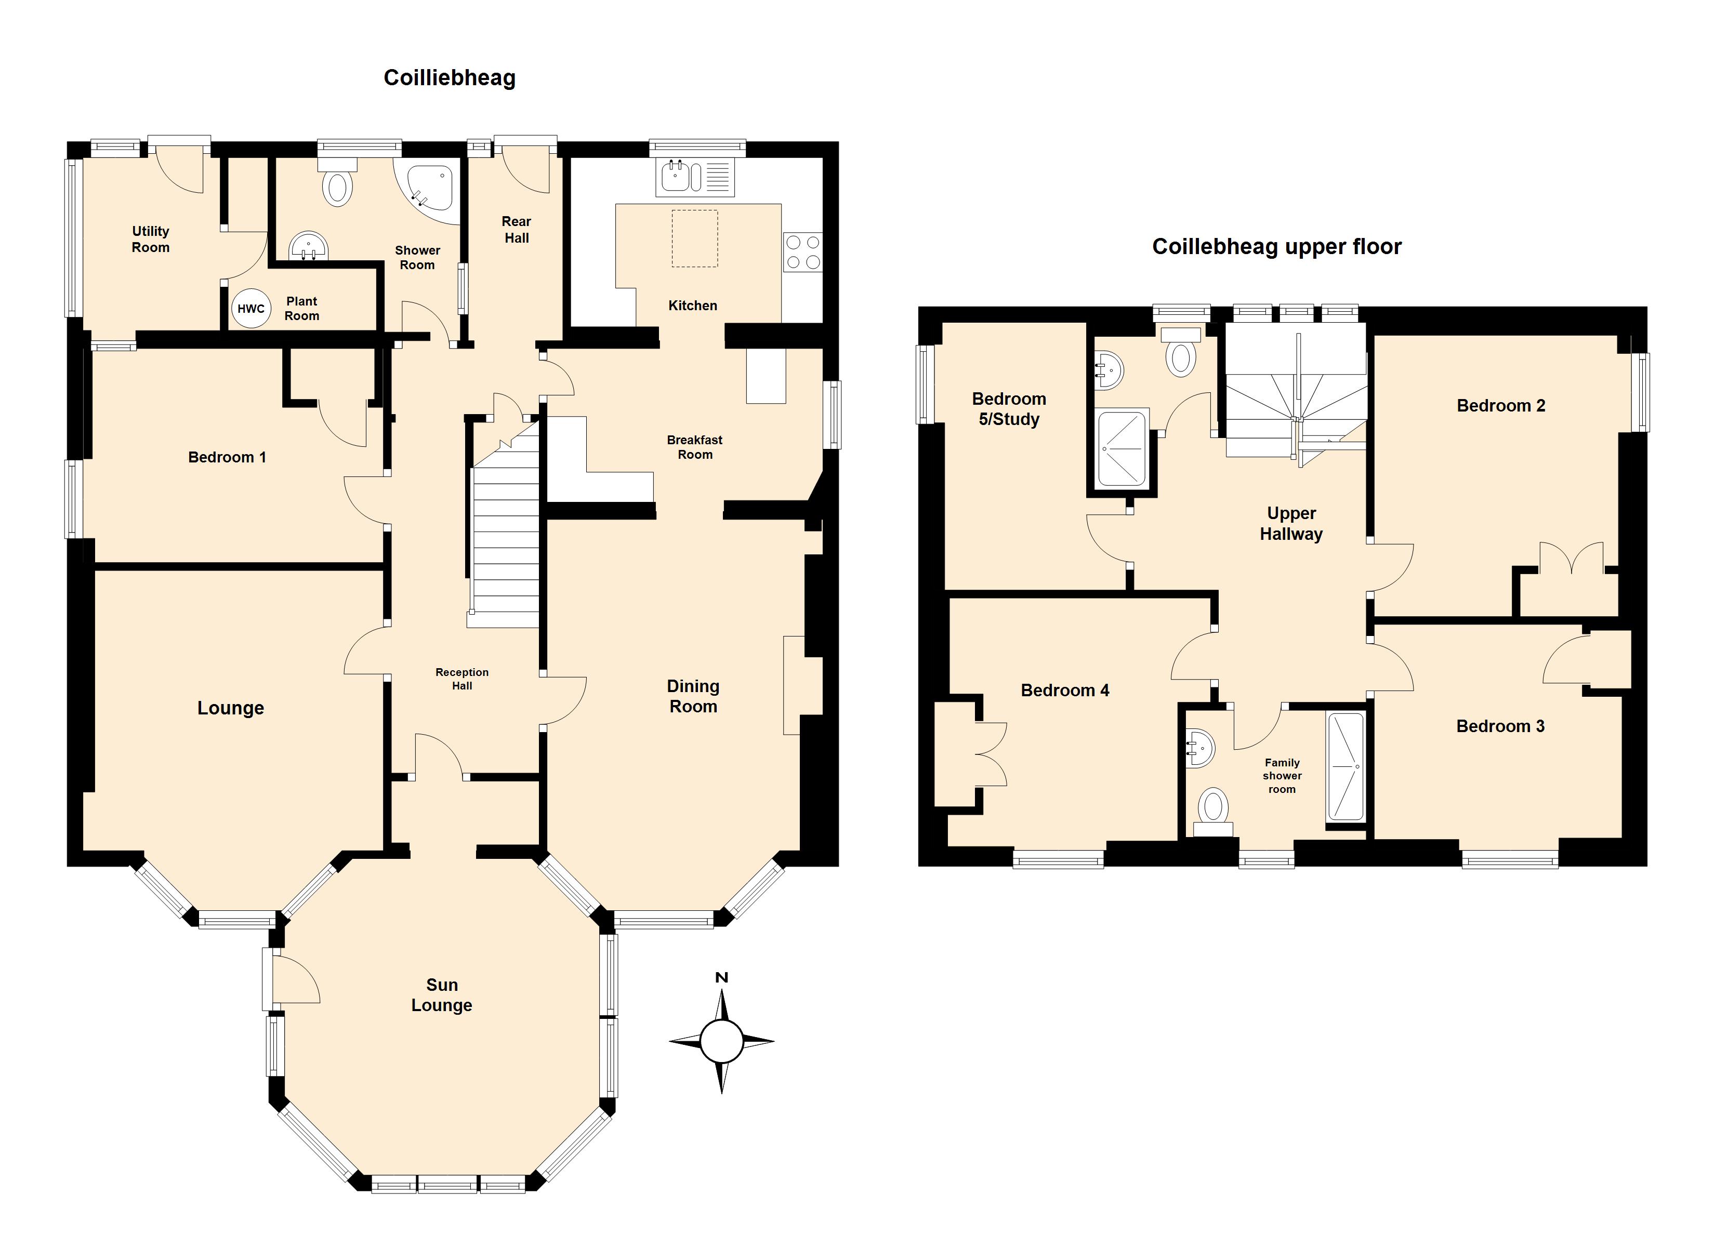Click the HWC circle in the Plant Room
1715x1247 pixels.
coord(251,309)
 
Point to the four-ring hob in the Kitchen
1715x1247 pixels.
coord(802,253)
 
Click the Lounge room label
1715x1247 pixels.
coord(231,708)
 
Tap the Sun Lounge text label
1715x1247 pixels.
coord(442,994)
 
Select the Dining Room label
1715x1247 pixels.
coord(693,696)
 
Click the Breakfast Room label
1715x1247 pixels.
coord(695,447)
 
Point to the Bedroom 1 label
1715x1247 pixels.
coord(227,457)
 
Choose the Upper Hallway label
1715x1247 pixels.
coord(1291,523)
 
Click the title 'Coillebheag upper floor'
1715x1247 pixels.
coord(1276,246)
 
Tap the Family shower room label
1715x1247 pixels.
coord(1282,776)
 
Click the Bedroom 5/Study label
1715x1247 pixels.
coord(1009,409)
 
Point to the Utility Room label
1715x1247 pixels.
coord(151,239)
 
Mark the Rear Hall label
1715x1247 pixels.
coord(517,229)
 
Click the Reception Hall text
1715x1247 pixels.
coord(462,679)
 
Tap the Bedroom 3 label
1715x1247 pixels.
coord(1500,726)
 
